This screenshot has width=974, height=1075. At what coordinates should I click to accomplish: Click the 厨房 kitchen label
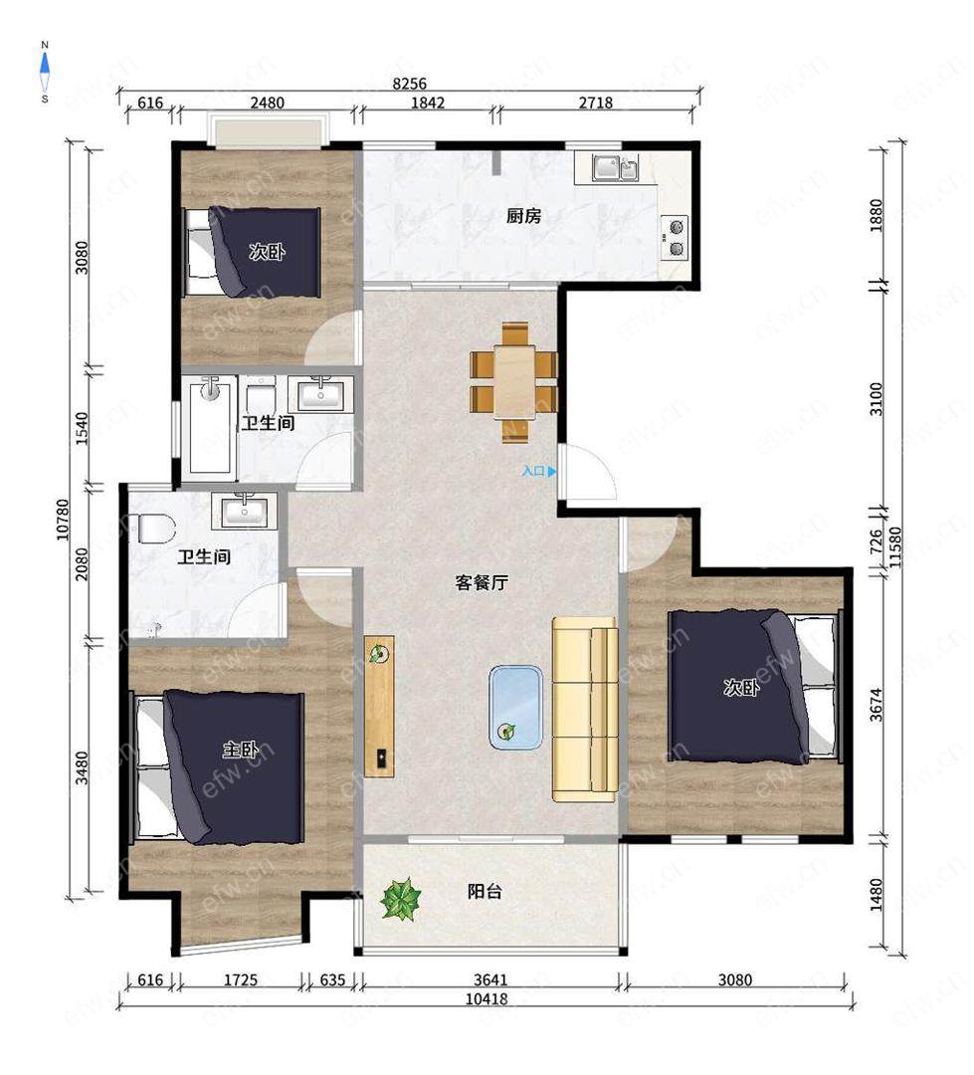pyautogui.click(x=523, y=217)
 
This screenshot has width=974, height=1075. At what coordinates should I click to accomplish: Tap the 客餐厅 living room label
pyautogui.click(x=482, y=582)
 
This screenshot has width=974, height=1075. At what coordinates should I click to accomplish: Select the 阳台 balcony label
pyautogui.click(x=485, y=891)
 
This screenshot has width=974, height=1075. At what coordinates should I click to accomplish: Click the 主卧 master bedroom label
pyautogui.click(x=240, y=751)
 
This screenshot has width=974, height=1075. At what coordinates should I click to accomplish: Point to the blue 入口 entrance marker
pyautogui.click(x=539, y=472)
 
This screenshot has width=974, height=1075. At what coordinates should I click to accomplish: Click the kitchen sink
pyautogui.click(x=616, y=168)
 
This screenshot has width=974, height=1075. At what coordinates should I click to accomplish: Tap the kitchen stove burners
pyautogui.click(x=675, y=237)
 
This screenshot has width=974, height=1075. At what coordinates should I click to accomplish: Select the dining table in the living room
pyautogui.click(x=514, y=382)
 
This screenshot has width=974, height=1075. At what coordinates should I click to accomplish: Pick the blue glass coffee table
pyautogui.click(x=516, y=707)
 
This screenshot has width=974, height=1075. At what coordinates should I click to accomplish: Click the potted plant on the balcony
pyautogui.click(x=401, y=899)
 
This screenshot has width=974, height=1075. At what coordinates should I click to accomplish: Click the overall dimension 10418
pyautogui.click(x=487, y=999)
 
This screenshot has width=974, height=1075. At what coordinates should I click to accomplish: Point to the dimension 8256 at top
pyautogui.click(x=409, y=84)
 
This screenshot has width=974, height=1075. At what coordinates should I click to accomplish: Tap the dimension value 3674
pyautogui.click(x=876, y=705)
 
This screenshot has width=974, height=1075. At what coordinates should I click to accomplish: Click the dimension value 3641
pyautogui.click(x=490, y=979)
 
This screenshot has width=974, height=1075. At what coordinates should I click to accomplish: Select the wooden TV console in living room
pyautogui.click(x=379, y=706)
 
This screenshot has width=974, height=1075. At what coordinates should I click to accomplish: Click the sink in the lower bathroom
pyautogui.click(x=245, y=511)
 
